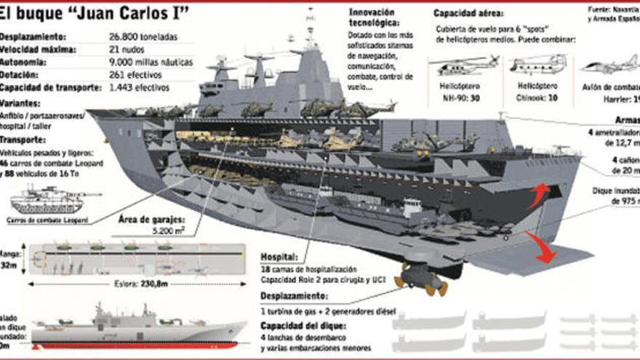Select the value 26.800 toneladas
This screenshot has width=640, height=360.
point(145,36)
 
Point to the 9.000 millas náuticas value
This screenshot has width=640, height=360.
point(151,62)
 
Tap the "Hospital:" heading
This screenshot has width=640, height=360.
point(279,257)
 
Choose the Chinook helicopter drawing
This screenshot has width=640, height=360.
point(538,65)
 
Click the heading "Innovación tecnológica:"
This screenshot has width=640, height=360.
point(372,17)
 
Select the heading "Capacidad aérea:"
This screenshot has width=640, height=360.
point(471,13)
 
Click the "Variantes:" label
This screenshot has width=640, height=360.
point(20,103)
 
